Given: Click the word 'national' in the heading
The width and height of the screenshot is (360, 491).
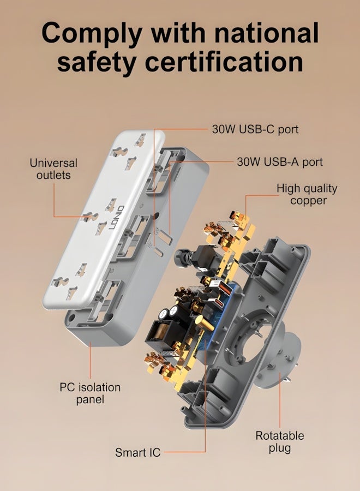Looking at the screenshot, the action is (267, 32).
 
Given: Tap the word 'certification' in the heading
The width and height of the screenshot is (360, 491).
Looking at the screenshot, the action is (224, 61).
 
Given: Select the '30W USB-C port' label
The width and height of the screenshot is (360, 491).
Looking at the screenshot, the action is (255, 129).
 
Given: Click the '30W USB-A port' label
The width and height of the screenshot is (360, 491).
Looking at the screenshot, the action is (280, 162).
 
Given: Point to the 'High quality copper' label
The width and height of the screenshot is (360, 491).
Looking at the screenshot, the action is (307, 194).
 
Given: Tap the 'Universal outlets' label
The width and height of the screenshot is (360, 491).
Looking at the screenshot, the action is (53, 169).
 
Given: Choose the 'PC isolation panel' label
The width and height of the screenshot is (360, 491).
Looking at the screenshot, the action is (90, 393).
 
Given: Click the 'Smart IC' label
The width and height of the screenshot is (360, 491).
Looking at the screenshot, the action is (138, 452).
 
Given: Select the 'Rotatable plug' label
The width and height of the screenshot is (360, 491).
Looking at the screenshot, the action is (280, 442).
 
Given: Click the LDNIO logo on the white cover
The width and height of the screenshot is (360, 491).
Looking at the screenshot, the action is (117, 218).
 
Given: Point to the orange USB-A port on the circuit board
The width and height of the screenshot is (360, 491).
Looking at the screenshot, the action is (224, 288).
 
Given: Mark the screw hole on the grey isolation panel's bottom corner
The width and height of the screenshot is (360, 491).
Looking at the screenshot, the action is (71, 319).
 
